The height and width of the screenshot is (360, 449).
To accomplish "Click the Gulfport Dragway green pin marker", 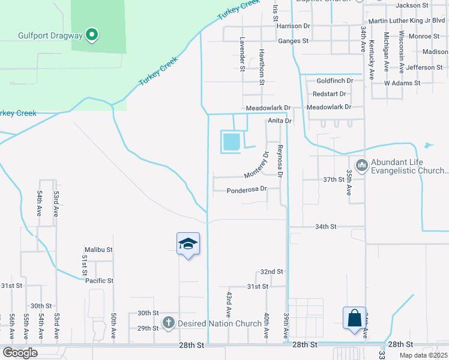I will (91, 36).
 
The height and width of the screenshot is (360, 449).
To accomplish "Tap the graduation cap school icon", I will (188, 244).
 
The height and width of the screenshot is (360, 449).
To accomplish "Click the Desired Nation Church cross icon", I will (168, 323).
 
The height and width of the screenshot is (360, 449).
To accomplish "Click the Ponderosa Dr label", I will (246, 191).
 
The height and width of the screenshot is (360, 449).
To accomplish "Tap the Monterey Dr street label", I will (256, 165).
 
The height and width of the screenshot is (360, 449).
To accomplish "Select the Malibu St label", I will (99, 249).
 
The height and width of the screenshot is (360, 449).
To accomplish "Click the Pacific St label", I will (99, 280).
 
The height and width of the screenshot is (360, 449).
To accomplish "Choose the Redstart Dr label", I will (330, 94).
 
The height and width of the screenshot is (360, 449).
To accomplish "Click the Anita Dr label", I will (279, 121).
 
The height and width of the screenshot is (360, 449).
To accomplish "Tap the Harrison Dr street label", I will (294, 26).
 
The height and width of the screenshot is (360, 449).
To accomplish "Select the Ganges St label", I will (293, 41).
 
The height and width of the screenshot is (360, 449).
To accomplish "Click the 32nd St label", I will (271, 272).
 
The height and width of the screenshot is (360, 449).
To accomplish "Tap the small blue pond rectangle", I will (231, 142).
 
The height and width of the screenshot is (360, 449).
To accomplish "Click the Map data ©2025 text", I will (423, 355).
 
